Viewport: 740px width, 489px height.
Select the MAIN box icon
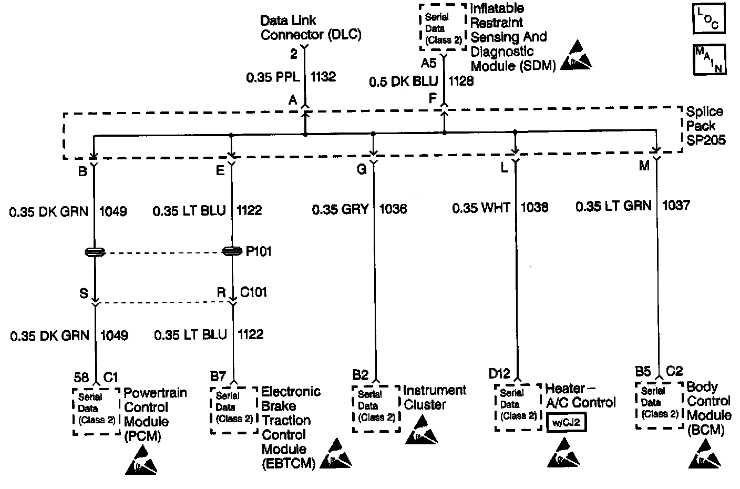[709, 59]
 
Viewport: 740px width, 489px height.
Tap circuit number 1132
[323, 77]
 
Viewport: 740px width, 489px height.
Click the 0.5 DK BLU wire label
[403, 81]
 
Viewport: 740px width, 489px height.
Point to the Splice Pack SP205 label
[704, 126]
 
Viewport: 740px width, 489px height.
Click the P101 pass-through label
[259, 251]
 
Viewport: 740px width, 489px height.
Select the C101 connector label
[253, 292]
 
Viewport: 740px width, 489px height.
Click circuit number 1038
[534, 208]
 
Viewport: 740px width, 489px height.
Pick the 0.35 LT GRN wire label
[613, 206]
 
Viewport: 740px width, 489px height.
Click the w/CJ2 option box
[566, 422]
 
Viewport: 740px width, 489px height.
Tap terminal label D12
[499, 374]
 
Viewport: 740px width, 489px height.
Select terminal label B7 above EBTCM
[218, 376]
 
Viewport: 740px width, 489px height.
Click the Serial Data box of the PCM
[97, 411]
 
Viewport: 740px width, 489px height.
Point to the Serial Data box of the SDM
[443, 28]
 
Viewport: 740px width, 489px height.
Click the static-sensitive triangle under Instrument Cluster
[421, 431]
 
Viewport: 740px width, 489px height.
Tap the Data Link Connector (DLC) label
[311, 28]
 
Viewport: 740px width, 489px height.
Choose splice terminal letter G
[362, 169]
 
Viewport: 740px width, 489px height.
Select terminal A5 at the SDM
[429, 63]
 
